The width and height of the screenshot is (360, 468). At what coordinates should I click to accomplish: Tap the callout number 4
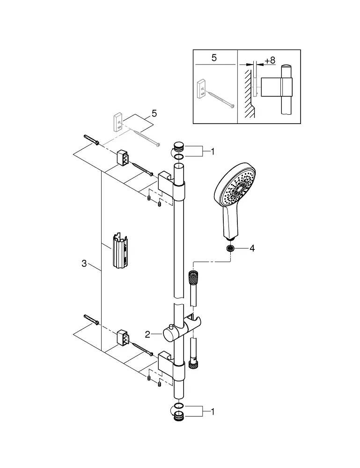point(252,249)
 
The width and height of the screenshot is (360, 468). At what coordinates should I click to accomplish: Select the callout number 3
point(84,264)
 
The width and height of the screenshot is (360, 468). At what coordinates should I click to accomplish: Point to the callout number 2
point(147,334)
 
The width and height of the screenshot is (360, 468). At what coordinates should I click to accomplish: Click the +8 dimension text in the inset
point(270,60)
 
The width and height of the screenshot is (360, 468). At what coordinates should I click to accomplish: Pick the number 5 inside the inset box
point(214,58)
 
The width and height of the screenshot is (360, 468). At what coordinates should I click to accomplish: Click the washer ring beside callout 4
point(230,249)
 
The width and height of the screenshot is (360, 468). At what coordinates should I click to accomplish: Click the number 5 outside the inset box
point(154,114)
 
